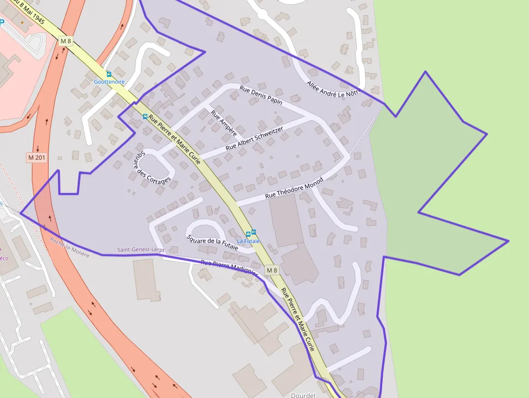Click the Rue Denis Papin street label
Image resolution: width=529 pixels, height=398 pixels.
tap(261, 94)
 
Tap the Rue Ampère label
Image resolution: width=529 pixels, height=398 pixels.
tap(223, 120)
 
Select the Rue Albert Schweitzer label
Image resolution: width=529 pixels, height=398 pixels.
tap(254, 138)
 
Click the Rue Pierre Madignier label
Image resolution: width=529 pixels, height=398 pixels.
tap(229, 268)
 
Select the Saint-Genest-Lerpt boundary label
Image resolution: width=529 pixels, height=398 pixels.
tap(140, 250)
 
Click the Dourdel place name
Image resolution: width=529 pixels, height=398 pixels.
tap(302, 395)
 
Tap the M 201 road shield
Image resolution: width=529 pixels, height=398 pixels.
tap(37, 157)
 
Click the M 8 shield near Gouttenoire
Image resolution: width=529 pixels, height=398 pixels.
tap(65, 41)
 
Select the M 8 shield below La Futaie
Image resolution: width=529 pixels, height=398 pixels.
tap(272, 270)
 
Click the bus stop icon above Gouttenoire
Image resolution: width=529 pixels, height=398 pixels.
tap(108, 75)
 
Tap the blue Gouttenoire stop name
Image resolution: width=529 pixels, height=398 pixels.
tap(109, 82)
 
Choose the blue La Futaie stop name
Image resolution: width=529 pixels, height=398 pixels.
tap(248, 241)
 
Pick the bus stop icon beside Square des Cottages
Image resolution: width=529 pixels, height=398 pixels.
tap(145, 117)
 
